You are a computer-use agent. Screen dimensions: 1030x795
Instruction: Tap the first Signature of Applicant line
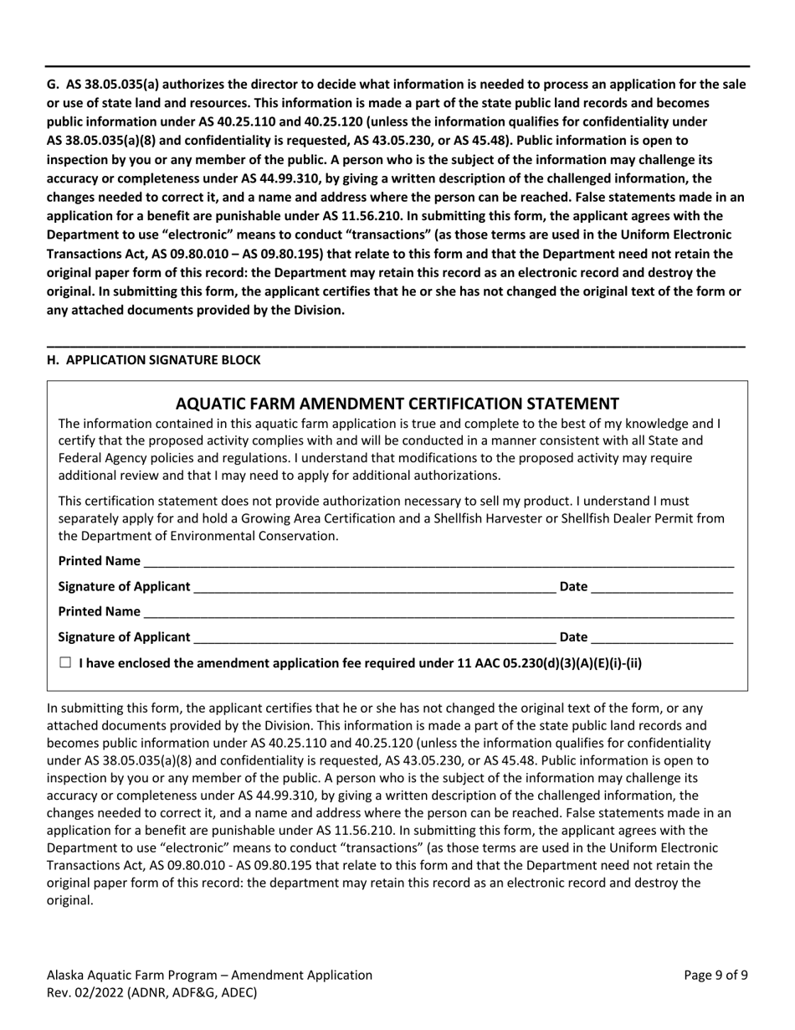tap(373, 587)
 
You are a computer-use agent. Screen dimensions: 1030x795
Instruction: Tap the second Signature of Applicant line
tap(373, 638)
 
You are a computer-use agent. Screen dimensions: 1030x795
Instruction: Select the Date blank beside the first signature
tap(661, 587)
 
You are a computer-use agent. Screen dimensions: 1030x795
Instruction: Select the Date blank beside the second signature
tap(661, 638)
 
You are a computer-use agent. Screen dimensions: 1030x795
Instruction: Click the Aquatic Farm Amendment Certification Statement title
tap(397, 403)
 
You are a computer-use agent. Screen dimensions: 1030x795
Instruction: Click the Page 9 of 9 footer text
tap(715, 975)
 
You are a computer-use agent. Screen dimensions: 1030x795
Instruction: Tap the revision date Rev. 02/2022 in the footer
tap(84, 993)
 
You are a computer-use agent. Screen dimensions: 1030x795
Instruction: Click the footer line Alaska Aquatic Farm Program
tap(209, 975)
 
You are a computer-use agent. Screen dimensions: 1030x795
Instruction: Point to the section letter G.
tap(52, 85)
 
